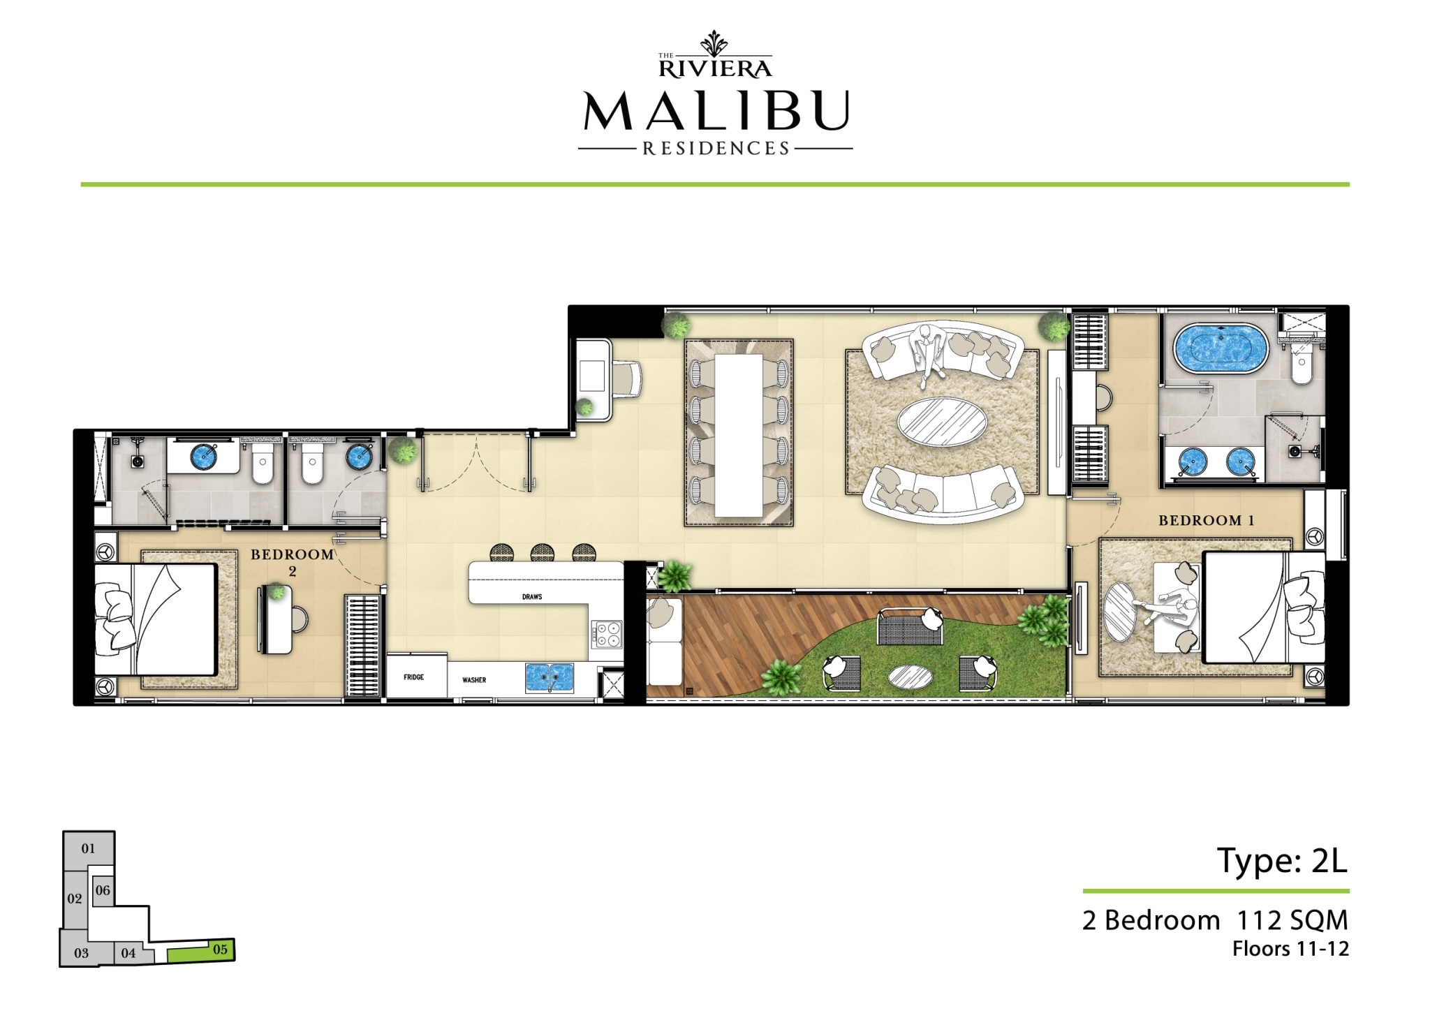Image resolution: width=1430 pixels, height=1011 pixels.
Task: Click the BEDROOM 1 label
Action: point(1206,520)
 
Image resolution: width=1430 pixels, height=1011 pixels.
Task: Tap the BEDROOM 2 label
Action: point(292,562)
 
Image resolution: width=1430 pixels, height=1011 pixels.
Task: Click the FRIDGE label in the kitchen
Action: point(413,677)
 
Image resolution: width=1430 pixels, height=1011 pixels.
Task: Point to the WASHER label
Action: point(474,679)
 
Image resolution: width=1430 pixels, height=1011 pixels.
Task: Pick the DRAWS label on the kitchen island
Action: point(532,597)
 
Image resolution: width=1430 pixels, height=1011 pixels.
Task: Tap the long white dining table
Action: point(738,435)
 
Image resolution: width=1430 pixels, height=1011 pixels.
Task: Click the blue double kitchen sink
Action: point(550,677)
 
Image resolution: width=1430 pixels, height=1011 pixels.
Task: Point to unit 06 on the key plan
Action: point(103,891)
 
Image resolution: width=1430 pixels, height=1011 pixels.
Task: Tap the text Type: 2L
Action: point(1282,862)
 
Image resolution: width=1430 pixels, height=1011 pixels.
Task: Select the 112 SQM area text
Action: point(1292,920)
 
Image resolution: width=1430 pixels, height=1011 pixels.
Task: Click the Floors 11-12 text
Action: point(1290,949)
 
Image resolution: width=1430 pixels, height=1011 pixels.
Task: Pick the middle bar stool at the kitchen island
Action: point(543,553)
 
